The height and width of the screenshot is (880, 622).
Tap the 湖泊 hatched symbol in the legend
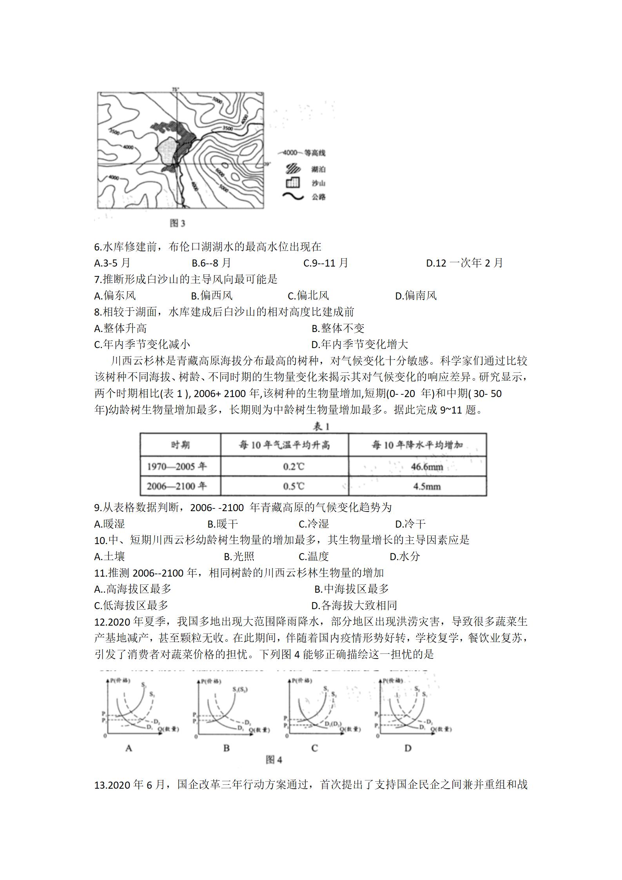tap(293, 169)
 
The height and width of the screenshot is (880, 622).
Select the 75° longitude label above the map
tap(175, 89)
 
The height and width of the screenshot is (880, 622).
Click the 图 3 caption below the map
tap(178, 223)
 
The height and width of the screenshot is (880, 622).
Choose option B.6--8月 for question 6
tap(211, 263)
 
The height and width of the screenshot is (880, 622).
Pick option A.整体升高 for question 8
tap(121, 328)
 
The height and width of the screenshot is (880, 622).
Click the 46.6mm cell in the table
tap(427, 466)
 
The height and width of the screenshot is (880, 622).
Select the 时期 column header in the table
tap(180, 445)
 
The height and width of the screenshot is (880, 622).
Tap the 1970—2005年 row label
tap(177, 466)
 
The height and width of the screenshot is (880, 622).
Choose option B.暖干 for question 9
tap(222, 524)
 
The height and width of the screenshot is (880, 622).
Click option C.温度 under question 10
tap(314, 556)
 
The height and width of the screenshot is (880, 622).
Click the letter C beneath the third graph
tap(314, 748)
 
